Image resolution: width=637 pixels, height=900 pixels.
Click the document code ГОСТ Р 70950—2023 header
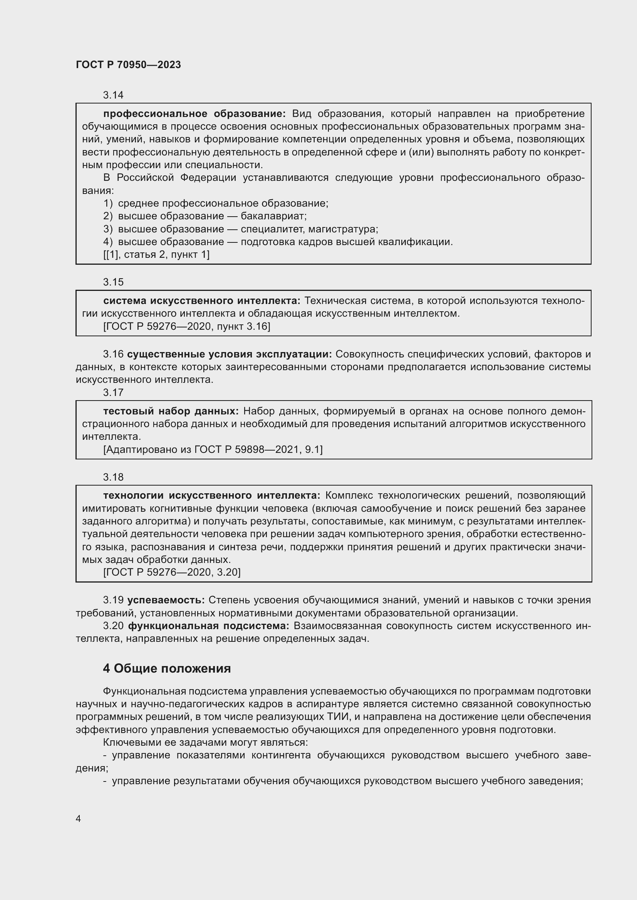point(128,65)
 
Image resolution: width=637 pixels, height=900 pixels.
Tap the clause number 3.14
point(113,95)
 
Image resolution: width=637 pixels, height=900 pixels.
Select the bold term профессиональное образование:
point(194,114)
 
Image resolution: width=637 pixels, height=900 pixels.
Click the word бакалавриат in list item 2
point(273,216)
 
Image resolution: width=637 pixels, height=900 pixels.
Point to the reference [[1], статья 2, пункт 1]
point(156,254)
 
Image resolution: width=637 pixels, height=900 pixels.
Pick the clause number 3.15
point(113,282)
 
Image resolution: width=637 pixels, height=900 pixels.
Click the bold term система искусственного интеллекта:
point(201,301)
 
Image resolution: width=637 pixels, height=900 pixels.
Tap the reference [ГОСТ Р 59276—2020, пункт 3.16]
point(187,326)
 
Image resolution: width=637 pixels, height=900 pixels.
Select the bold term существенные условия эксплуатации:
point(230,354)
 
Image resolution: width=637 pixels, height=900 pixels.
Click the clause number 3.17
point(113,392)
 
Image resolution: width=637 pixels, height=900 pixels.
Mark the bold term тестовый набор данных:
point(171,411)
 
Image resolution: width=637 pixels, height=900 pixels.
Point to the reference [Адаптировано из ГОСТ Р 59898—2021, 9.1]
point(213,449)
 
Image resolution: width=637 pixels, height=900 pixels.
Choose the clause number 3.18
point(113,477)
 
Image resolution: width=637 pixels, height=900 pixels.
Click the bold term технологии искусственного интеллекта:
point(211,496)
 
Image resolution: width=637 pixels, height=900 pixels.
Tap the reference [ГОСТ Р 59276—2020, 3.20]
point(172,572)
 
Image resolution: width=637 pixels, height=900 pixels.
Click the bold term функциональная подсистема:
point(209,626)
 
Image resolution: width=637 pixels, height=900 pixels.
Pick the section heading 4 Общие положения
point(167,668)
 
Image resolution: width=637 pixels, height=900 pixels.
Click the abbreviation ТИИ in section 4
point(337,716)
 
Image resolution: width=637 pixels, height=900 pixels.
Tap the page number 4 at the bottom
point(79,818)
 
